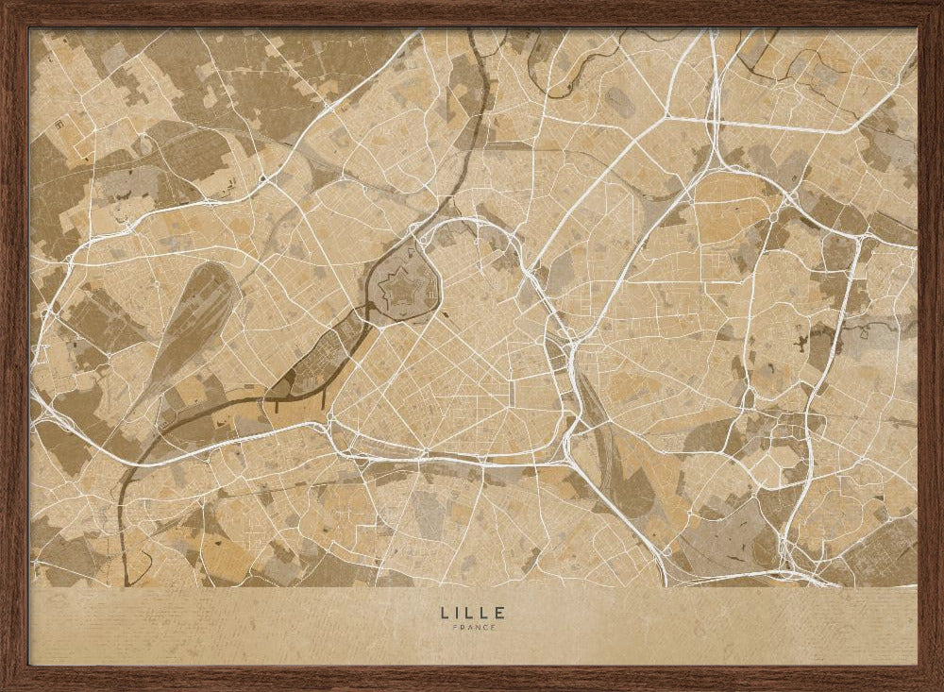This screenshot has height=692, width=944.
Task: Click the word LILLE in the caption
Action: (472, 613)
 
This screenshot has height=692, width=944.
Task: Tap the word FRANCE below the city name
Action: (472, 628)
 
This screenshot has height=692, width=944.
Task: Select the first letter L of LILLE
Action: (444, 613)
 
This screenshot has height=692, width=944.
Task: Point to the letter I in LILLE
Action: (457, 613)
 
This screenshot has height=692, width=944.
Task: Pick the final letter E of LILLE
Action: (499, 613)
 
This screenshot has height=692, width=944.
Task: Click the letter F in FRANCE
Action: (454, 628)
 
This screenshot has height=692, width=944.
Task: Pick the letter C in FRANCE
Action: (483, 628)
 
